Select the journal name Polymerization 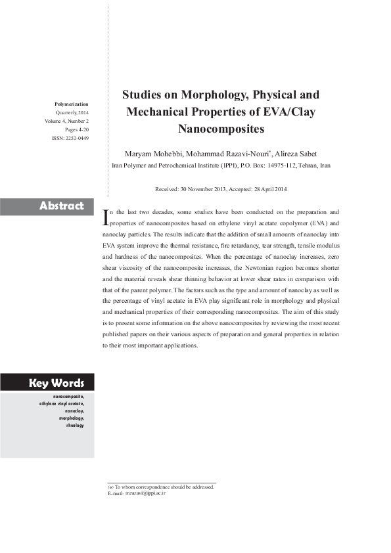71,104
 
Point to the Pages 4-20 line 77,130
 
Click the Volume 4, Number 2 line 67,122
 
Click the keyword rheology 75,426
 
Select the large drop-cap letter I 108,217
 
